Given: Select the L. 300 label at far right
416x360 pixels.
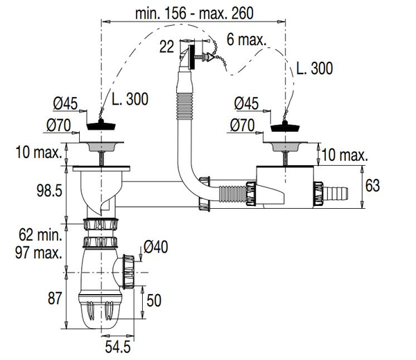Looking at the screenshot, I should pyautogui.click(x=314, y=68).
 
